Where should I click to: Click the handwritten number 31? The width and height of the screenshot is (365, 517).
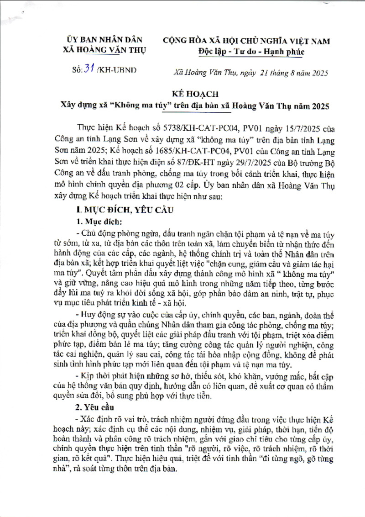tap(87, 69)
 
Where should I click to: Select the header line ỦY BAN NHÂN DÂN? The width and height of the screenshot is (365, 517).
tap(104, 40)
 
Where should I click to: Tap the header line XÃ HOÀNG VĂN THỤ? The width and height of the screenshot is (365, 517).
tap(104, 50)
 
